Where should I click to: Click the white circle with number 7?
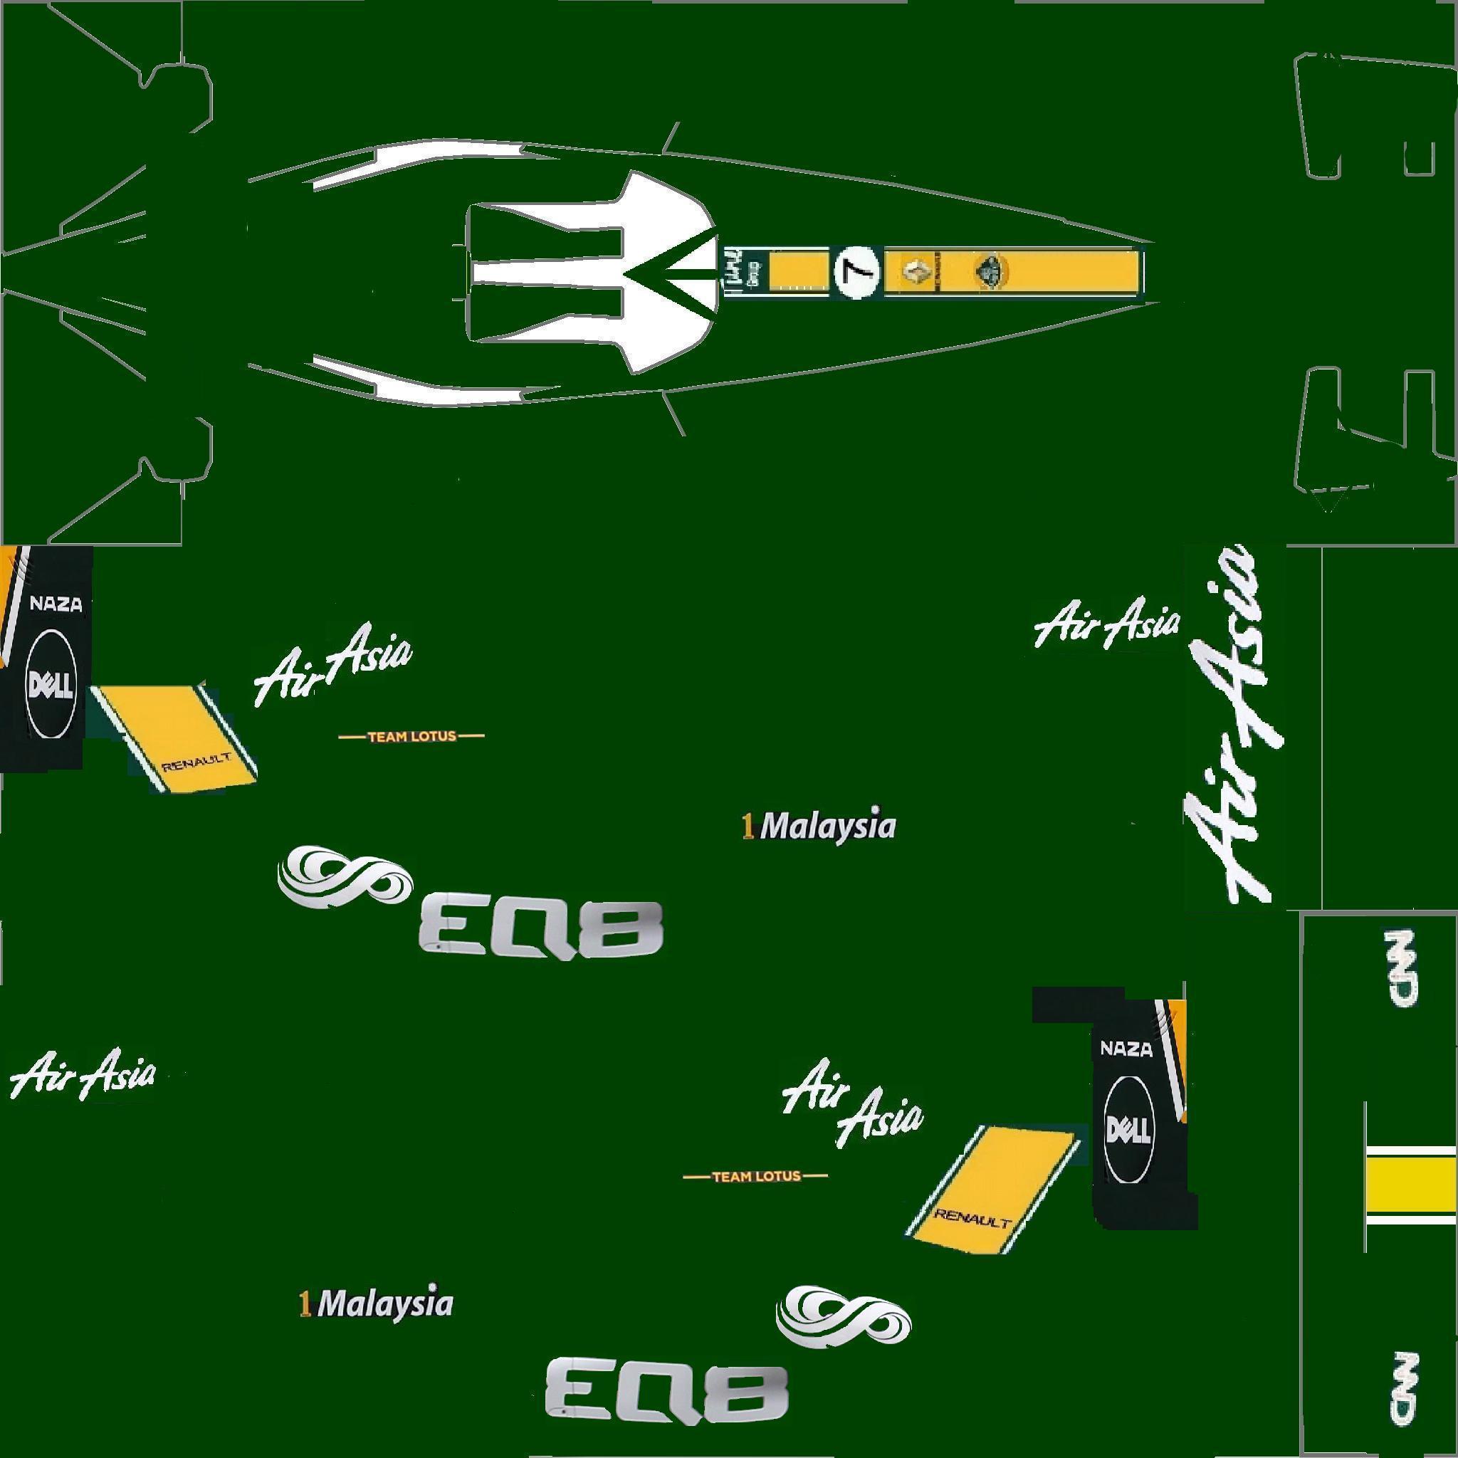click(858, 272)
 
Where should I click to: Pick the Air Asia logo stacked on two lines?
click(854, 1111)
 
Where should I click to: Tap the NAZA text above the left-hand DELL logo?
click(55, 604)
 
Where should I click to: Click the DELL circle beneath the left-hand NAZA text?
click(51, 684)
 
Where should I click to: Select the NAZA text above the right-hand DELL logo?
click(1127, 1048)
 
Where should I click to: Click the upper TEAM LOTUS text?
click(411, 737)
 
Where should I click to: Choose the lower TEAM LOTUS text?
click(755, 1176)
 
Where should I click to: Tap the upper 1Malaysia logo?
click(819, 827)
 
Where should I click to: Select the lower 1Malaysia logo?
click(377, 1304)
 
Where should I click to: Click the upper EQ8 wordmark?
click(540, 928)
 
